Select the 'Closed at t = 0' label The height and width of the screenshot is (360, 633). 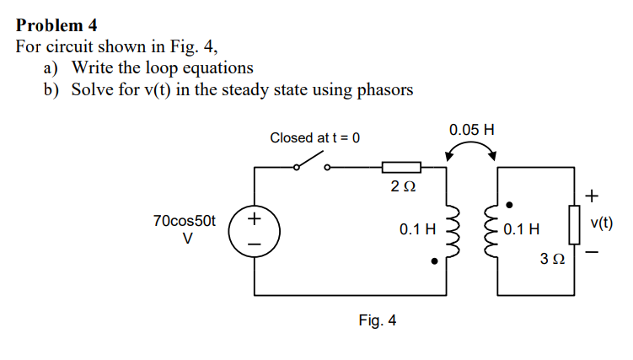coord(314,137)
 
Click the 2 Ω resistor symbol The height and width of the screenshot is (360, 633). coord(401,167)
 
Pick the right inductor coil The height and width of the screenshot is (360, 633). coord(491,228)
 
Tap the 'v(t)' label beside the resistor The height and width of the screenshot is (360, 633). coord(602,223)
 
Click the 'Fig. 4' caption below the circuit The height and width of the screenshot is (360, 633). coord(377,320)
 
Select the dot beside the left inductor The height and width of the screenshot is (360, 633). coord(433,261)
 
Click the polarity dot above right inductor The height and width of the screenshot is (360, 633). coord(509,204)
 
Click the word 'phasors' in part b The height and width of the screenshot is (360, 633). coord(383,89)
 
